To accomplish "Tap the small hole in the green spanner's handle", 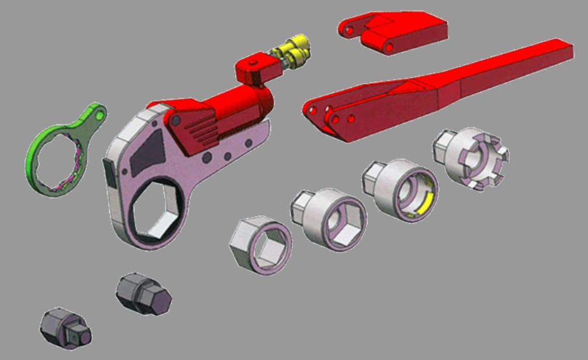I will [101, 115].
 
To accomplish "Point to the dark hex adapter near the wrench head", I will [143, 292].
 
